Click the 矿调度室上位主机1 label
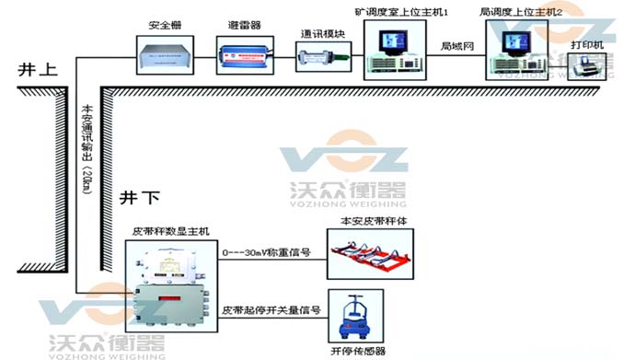point(401,12)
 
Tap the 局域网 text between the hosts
point(456,45)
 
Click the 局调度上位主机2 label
point(518,12)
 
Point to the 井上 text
point(34,69)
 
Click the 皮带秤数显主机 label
point(173,231)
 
